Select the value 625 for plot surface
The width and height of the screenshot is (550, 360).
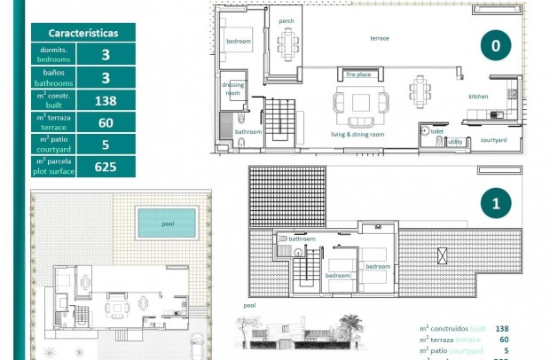(105, 166)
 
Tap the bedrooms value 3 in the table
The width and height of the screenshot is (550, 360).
(105, 55)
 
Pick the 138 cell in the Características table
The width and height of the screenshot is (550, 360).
(105, 99)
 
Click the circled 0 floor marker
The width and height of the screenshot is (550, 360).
(496, 44)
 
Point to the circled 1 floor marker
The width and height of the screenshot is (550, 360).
(496, 204)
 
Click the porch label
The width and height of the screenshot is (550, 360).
(287, 20)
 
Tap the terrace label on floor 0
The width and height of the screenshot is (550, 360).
(380, 38)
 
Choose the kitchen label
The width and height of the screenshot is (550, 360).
(478, 96)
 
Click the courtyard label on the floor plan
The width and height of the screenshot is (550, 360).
(493, 140)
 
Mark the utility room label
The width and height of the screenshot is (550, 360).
(455, 142)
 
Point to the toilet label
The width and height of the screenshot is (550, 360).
(436, 130)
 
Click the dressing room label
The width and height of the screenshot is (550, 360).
(232, 88)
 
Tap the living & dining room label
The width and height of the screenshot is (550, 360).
(357, 134)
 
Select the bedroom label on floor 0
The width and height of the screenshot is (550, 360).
(239, 42)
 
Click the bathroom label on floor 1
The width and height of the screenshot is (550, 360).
(302, 239)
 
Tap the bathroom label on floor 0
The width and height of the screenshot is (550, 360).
(248, 132)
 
